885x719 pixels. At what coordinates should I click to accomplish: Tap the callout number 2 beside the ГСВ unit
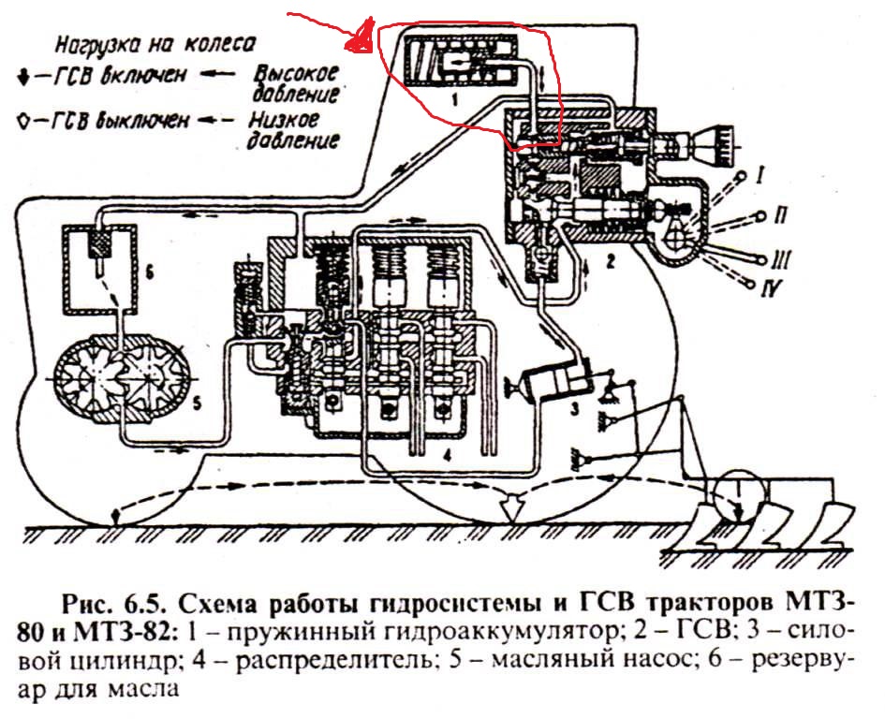tap(609, 263)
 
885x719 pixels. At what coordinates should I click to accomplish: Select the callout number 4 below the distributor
tap(449, 456)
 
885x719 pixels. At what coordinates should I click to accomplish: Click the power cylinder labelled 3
tap(558, 382)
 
